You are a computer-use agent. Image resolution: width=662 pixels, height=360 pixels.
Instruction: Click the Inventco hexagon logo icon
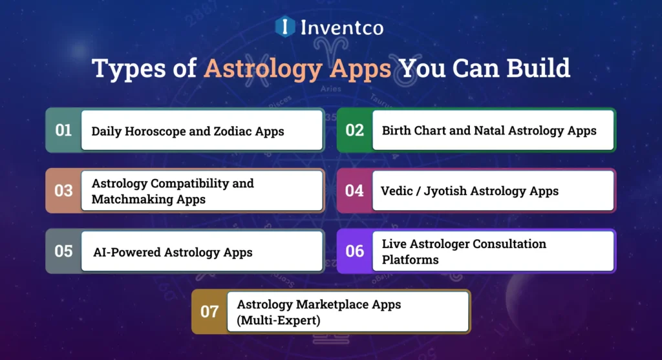pos(285,26)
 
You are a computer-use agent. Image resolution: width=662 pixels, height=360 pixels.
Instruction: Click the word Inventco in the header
pos(341,27)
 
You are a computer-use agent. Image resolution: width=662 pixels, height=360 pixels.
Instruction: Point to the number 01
pos(63,131)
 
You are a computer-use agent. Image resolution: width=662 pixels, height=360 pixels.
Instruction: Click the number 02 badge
pos(354,131)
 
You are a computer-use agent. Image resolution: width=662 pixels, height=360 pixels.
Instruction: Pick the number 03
pos(63,191)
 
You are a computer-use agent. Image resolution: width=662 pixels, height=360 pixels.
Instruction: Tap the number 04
pos(354,191)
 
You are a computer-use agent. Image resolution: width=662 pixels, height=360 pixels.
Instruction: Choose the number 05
pos(63,251)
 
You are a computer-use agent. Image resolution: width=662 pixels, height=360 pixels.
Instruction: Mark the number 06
pos(354,251)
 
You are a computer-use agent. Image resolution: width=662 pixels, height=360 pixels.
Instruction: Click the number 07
pos(209,312)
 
